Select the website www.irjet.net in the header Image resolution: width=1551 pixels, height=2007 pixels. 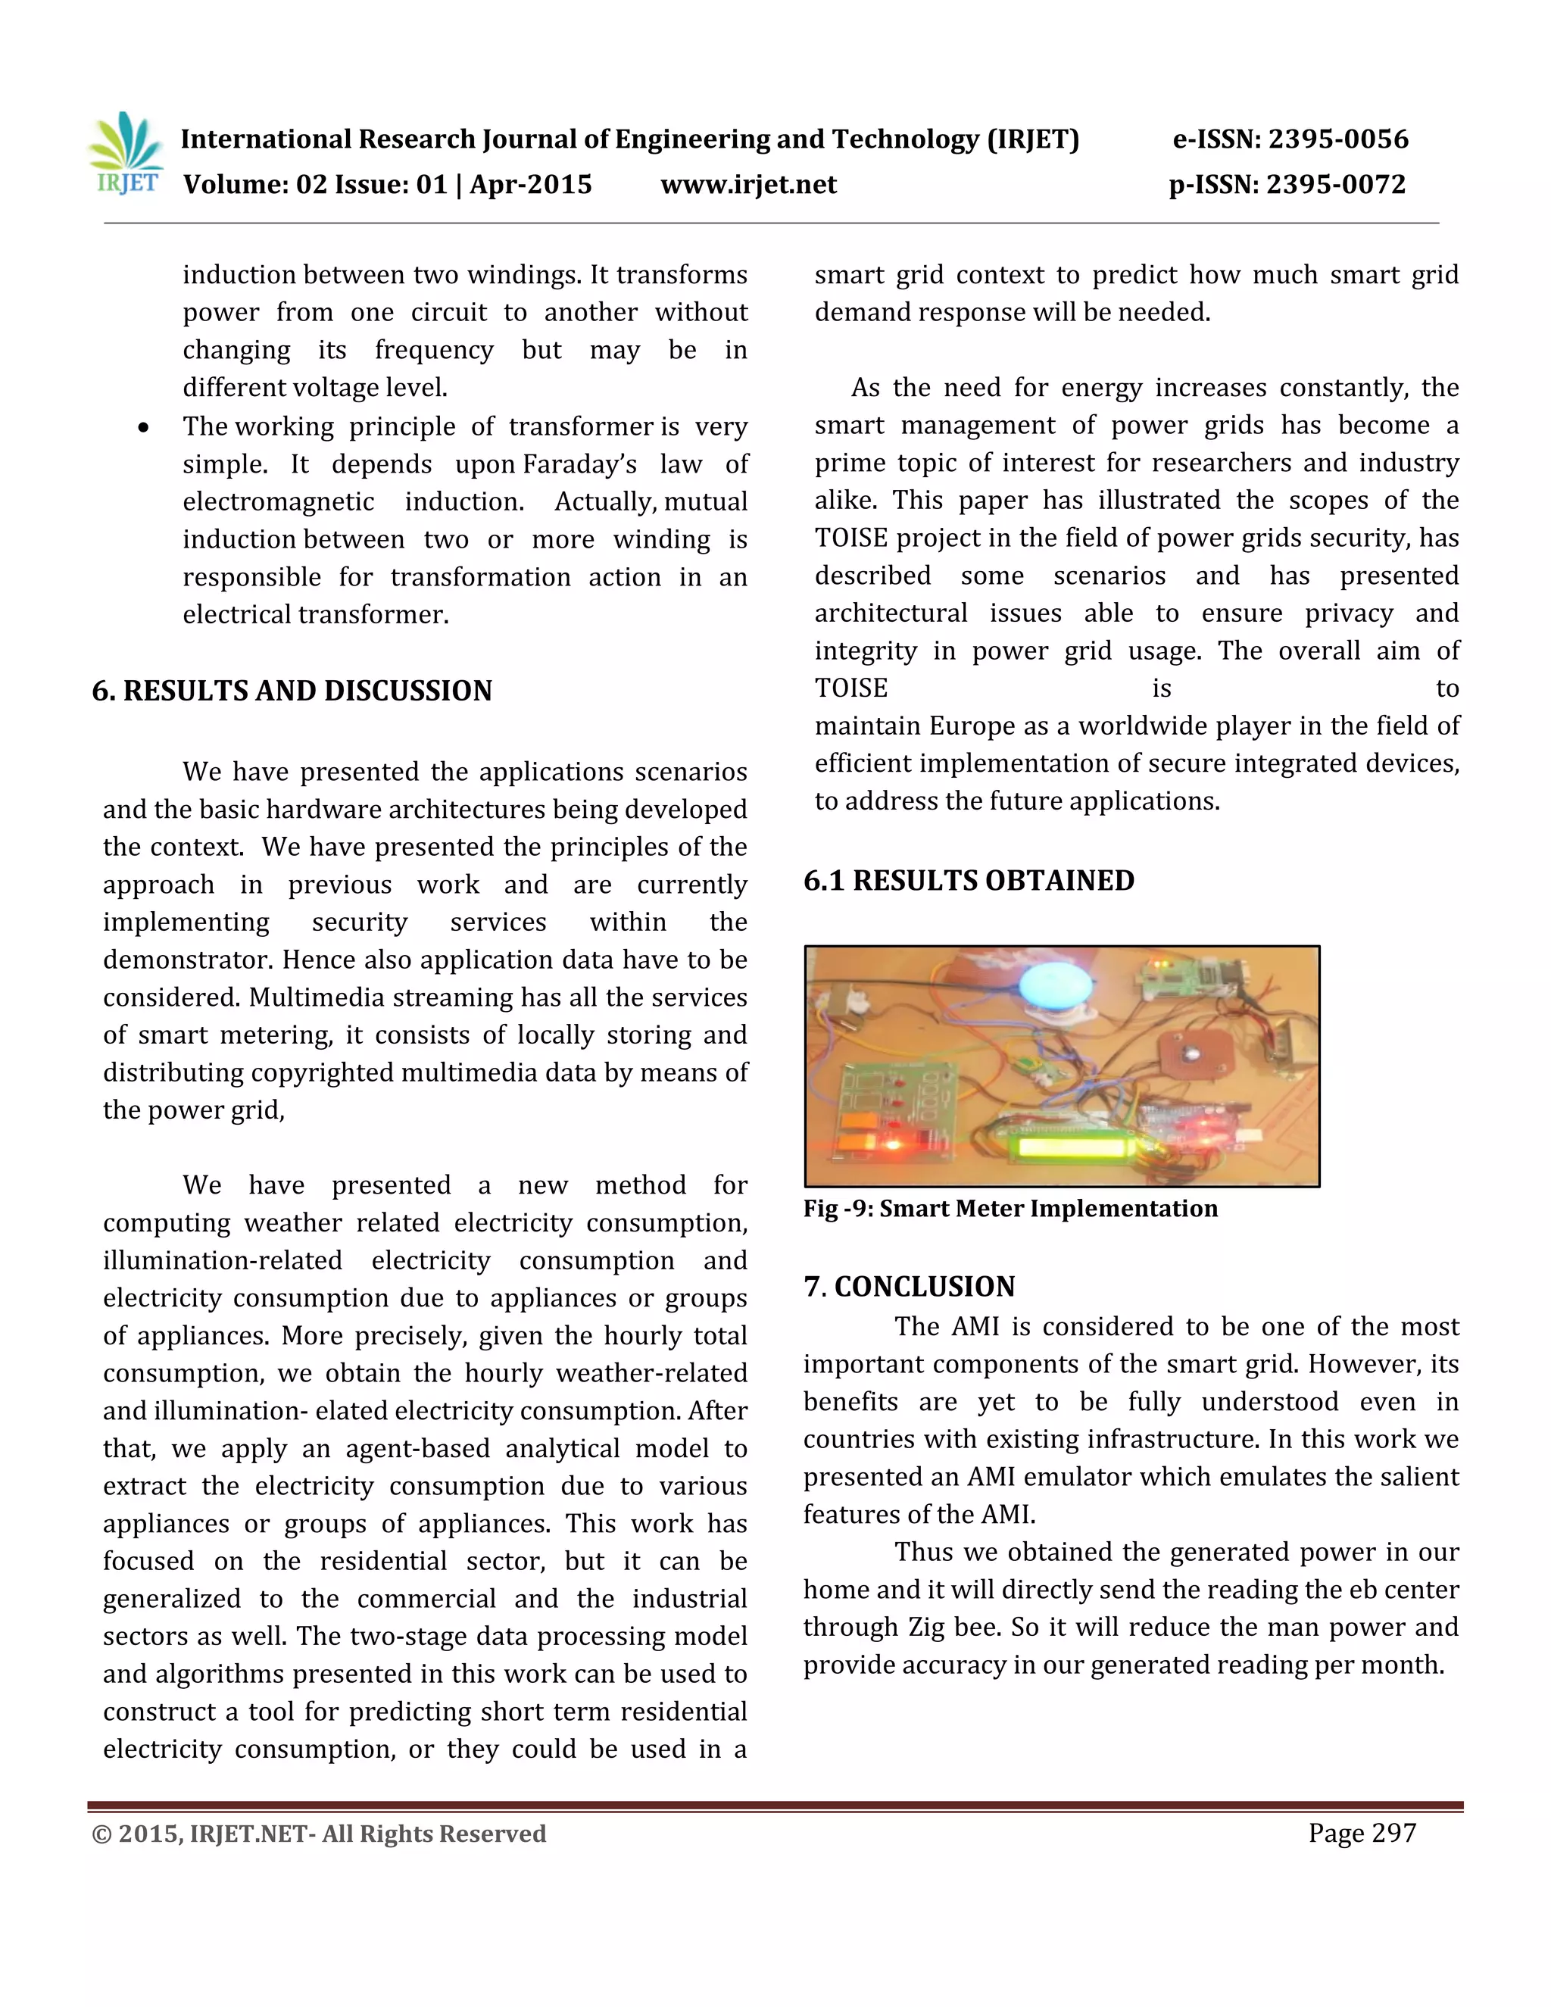[748, 185]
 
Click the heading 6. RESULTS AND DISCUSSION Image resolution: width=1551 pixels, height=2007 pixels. [292, 691]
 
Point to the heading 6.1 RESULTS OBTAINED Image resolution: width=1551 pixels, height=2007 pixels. [969, 880]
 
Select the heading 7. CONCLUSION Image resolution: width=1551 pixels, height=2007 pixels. [909, 1286]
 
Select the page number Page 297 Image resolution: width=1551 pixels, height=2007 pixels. [1362, 1834]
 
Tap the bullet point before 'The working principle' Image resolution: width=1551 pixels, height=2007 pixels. [143, 428]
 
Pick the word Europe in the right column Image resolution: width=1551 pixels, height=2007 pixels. [973, 726]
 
